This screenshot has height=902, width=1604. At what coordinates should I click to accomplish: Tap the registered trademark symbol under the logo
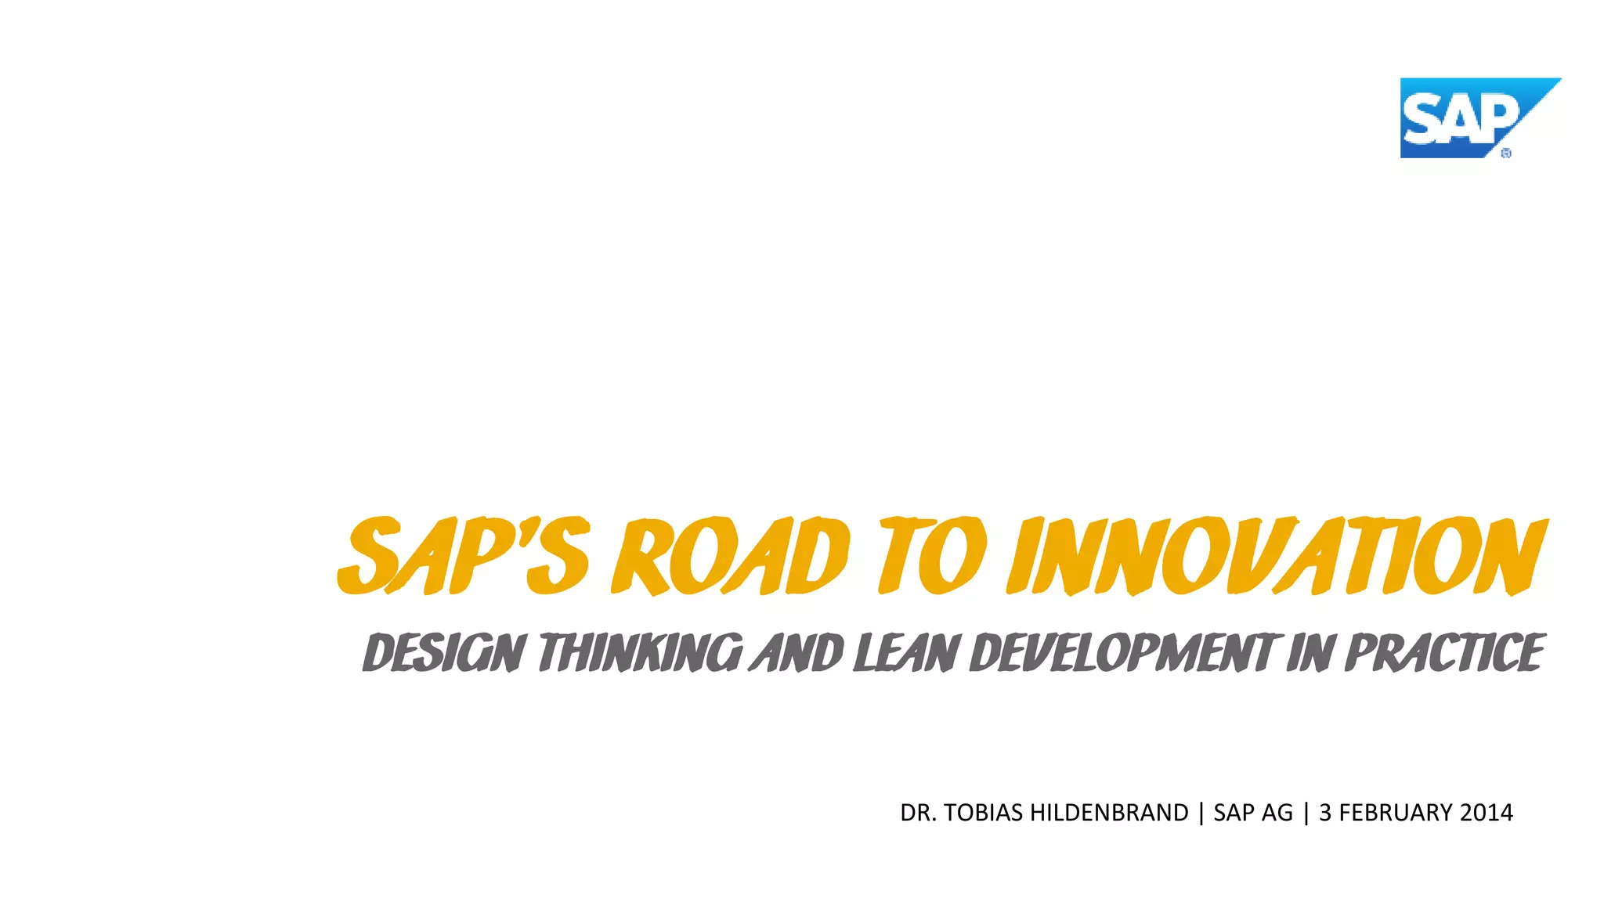1505,153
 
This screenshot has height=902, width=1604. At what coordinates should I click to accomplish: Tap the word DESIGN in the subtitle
443,653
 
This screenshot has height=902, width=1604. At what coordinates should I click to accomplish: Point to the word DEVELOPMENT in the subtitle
1123,653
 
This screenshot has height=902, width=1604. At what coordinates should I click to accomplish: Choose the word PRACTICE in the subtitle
1444,653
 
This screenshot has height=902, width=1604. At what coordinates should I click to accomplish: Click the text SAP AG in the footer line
1253,813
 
